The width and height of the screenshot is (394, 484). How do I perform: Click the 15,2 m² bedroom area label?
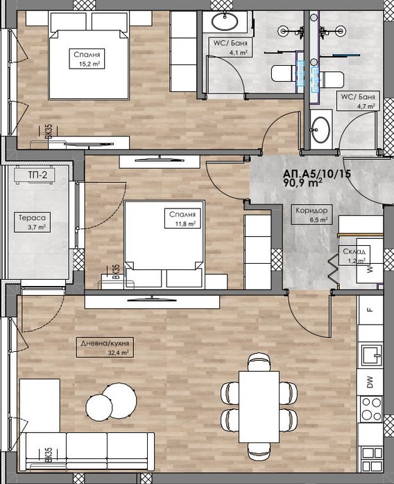click(87, 59)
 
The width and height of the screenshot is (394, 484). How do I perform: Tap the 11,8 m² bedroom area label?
click(182, 219)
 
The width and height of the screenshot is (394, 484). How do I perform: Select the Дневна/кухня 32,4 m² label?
click(105, 348)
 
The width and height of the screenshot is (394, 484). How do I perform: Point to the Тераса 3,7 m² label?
click(32, 222)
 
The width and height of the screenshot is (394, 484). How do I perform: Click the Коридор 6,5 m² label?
click(311, 215)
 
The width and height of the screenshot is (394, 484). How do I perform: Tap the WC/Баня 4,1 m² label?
click(230, 48)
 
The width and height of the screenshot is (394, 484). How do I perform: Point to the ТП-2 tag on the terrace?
click(35, 174)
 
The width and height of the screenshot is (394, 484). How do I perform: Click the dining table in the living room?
click(259, 407)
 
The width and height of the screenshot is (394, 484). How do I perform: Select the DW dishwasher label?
click(370, 382)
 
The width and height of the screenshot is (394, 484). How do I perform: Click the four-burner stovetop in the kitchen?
click(371, 409)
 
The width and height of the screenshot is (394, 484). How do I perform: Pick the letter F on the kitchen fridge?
click(370, 310)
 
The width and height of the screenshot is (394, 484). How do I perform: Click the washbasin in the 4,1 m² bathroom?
click(225, 21)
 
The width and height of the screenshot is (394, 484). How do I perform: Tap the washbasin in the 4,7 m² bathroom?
click(320, 129)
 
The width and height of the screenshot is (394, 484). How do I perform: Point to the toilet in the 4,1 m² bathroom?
click(282, 73)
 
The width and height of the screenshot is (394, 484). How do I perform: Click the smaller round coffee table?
click(99, 406)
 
